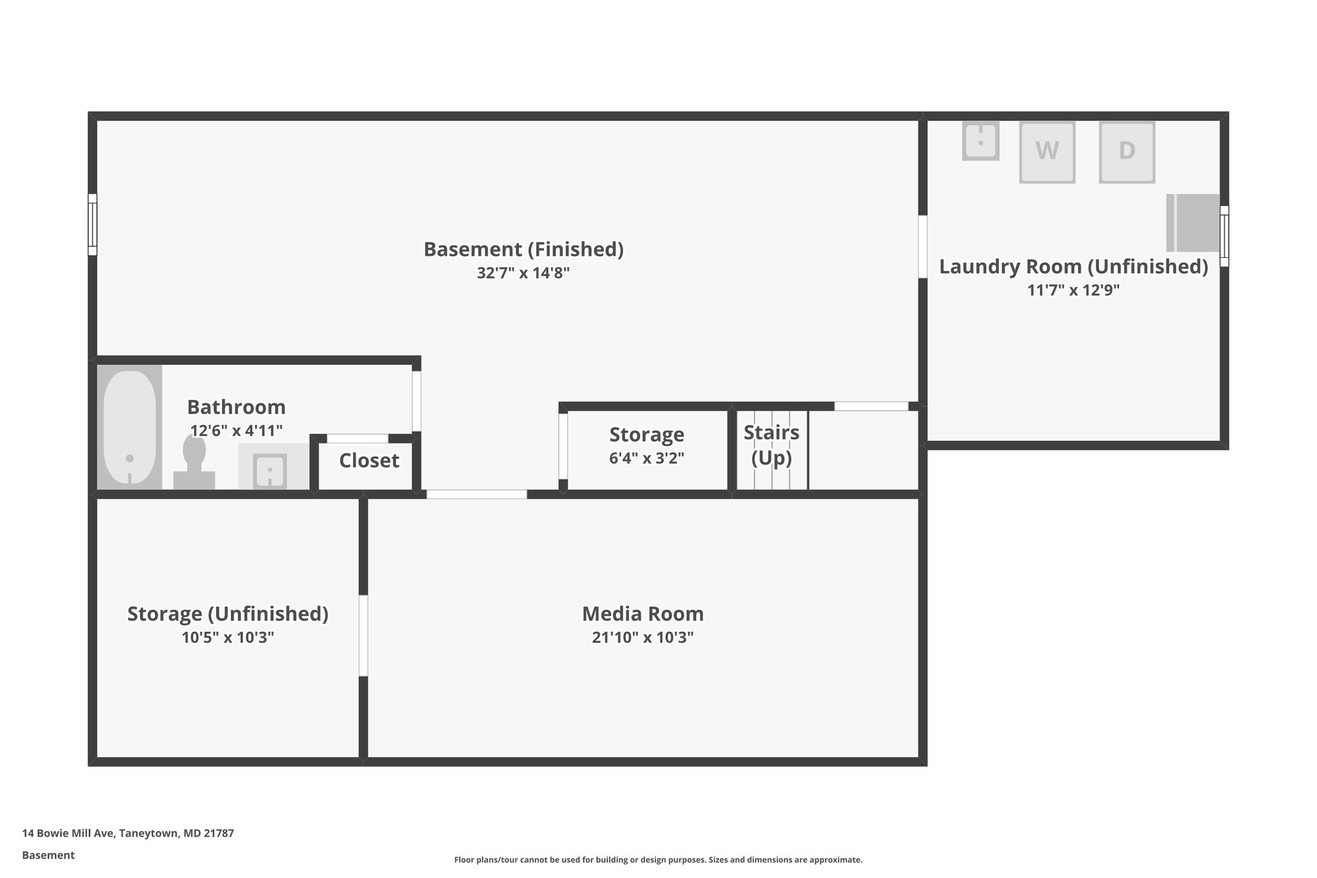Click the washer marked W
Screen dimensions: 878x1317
click(1047, 152)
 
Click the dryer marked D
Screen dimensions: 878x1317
click(1127, 152)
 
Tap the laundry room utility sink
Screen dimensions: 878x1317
click(980, 141)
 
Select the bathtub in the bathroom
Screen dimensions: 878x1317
click(130, 427)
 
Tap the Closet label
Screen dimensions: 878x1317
click(369, 461)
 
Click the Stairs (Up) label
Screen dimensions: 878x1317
click(771, 444)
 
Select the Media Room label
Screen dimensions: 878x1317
click(642, 614)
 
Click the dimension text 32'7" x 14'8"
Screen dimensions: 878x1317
click(523, 273)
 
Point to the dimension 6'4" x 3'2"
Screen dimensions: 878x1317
click(646, 458)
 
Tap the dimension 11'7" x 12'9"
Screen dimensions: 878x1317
click(1073, 290)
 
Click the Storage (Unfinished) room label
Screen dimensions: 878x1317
click(228, 614)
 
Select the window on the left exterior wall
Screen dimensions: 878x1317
click(93, 224)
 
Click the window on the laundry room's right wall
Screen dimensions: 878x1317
click(1224, 235)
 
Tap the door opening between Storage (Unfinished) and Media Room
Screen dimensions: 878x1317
click(363, 635)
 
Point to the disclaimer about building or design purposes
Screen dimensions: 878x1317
click(658, 859)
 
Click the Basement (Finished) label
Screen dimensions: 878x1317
click(523, 249)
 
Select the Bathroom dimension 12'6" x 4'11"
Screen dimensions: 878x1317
click(236, 430)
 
